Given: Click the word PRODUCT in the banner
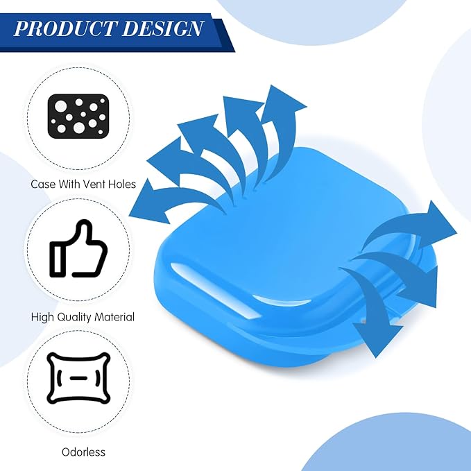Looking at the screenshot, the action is pyautogui.click(x=65, y=29).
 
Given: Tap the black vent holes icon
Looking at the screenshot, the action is pyautogui.click(x=78, y=117).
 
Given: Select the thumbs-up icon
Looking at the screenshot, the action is pyautogui.click(x=78, y=248).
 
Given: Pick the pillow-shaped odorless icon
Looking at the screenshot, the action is pyautogui.click(x=78, y=378).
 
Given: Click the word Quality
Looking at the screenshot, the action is pyautogui.click(x=74, y=317).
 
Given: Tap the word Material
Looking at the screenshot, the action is pyautogui.click(x=114, y=317).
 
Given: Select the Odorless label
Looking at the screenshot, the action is pyautogui.click(x=83, y=452).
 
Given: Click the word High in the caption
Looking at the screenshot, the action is pyautogui.click(x=42, y=318).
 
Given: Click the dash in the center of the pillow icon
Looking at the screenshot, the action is pyautogui.click(x=78, y=378).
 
